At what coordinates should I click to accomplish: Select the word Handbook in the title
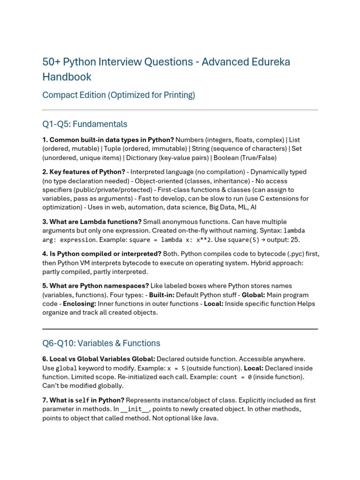coord(67,77)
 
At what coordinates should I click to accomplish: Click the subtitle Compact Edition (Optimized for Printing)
coord(119,95)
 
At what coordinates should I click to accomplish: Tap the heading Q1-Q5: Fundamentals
coord(85,124)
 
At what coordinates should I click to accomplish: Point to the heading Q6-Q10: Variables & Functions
coord(101,343)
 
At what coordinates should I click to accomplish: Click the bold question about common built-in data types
coord(108,140)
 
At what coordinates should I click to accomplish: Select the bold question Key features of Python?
coord(84,172)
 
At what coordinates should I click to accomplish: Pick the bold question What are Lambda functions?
coord(92,222)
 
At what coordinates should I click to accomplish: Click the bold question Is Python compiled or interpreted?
coord(102,254)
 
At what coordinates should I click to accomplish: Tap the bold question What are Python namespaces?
coord(96,285)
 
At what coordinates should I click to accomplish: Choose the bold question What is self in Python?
coord(83,400)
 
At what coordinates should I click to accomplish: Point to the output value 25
coord(296,240)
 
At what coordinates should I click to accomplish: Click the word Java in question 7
coord(210,418)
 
